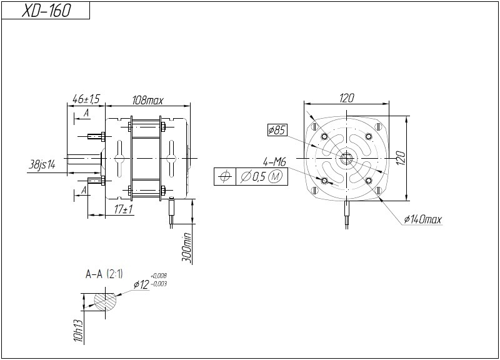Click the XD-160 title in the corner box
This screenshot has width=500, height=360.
coord(46,11)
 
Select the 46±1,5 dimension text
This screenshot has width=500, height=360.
coord(86,99)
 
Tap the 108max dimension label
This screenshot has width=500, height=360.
coord(147,101)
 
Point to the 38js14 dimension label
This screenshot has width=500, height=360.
coord(42,165)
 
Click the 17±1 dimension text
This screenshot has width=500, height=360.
coord(124,209)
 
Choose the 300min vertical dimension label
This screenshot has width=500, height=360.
coord(186,248)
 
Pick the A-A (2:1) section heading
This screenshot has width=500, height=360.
coord(104,274)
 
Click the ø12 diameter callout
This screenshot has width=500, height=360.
coord(141,284)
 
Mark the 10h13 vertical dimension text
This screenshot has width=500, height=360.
coord(79,331)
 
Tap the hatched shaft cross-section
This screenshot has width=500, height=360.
coord(105,301)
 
